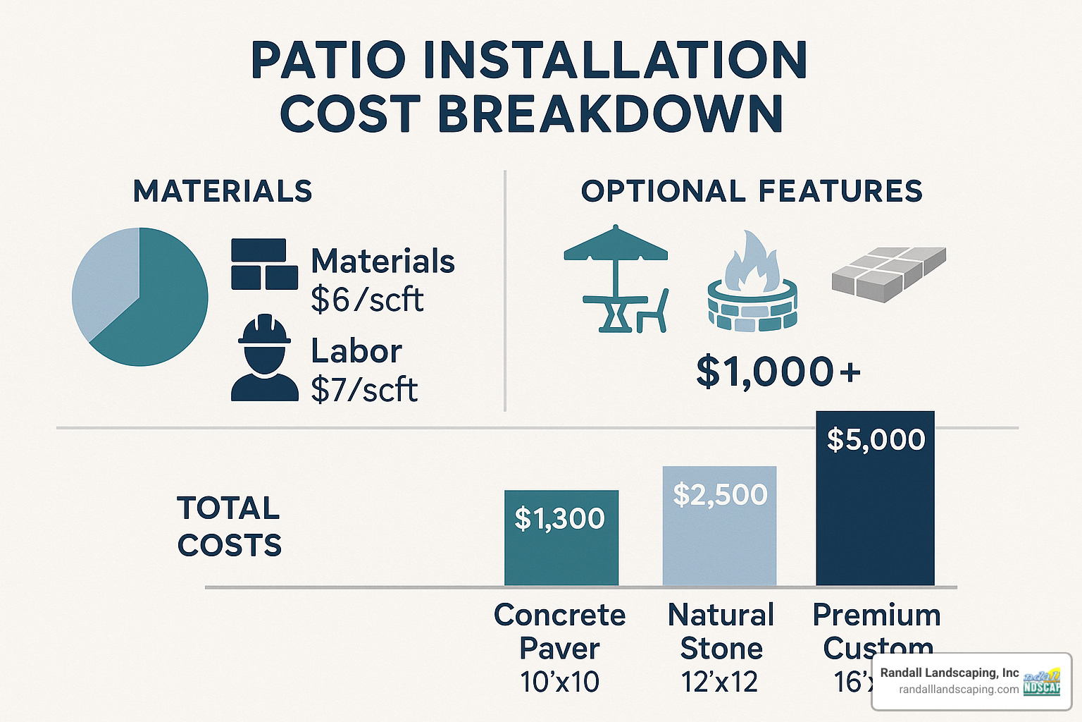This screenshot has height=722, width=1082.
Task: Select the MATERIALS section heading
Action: [x=223, y=191]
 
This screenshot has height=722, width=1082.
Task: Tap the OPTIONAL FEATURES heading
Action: [x=752, y=191]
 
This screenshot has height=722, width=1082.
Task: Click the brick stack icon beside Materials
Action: [x=263, y=264]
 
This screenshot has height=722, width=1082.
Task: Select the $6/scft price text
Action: [x=367, y=300]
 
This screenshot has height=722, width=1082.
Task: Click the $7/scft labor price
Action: [x=364, y=389]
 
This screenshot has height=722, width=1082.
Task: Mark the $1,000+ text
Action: [x=778, y=372]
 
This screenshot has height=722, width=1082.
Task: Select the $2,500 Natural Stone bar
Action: [x=719, y=529]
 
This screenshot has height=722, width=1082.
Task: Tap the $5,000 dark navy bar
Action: [x=875, y=501]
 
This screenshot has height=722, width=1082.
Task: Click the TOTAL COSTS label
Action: [x=229, y=527]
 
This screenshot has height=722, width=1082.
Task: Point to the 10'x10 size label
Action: [x=559, y=682]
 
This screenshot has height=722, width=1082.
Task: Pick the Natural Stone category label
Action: [x=721, y=631]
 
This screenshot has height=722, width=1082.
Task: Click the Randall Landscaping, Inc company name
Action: [x=949, y=673]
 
